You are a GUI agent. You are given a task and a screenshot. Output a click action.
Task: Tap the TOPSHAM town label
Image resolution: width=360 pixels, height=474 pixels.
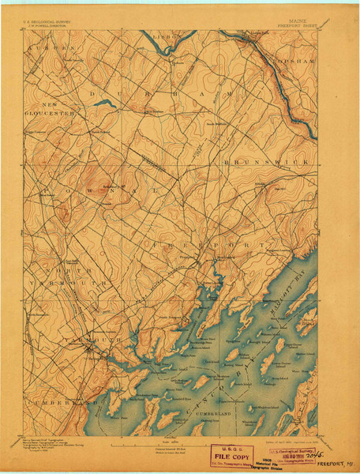[x=296, y=59]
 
